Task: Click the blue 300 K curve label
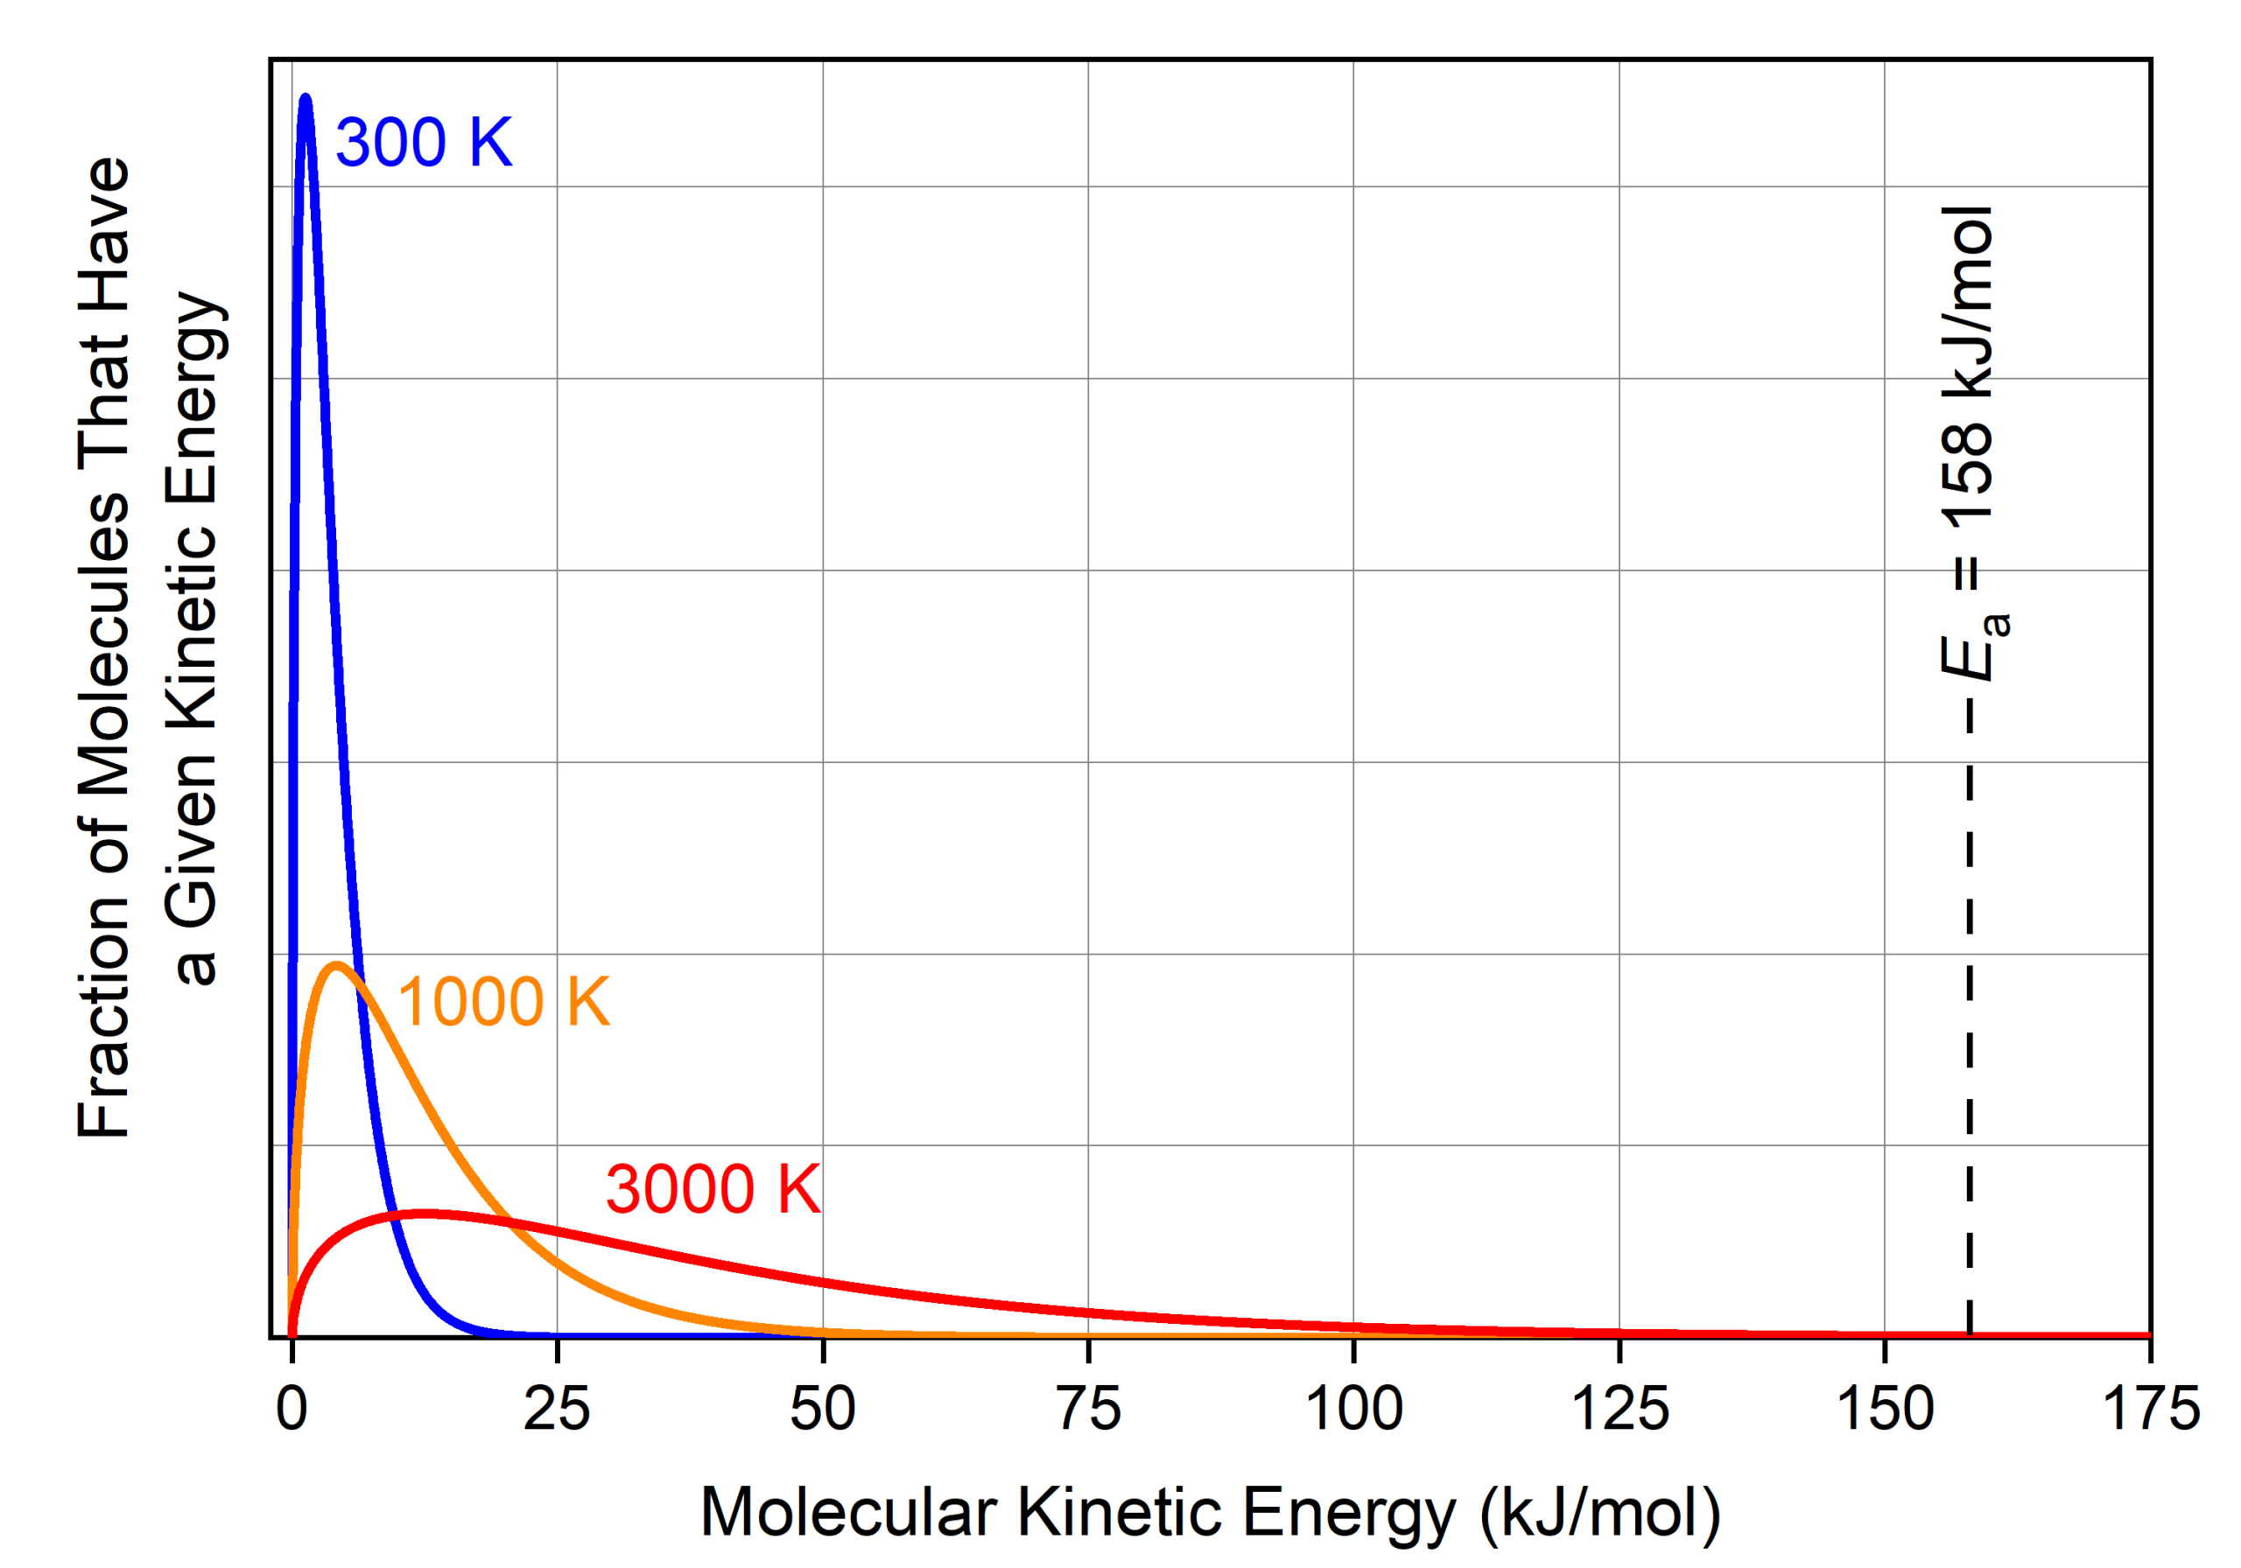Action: point(423,143)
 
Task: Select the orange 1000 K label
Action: point(503,1002)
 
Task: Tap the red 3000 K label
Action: point(713,1189)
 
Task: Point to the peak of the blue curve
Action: point(306,98)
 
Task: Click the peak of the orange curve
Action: point(337,965)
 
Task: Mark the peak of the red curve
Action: point(426,1213)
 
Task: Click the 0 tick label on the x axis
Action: point(292,1408)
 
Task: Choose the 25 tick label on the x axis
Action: point(557,1408)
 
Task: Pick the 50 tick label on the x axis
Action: point(823,1408)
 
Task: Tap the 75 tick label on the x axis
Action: point(1088,1408)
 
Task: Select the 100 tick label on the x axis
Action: point(1353,1408)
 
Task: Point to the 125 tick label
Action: point(1619,1408)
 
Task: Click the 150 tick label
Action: point(1885,1408)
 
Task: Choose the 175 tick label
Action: point(2150,1408)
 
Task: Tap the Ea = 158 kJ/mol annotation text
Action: point(1971,444)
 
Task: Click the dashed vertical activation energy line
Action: point(1970,1025)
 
